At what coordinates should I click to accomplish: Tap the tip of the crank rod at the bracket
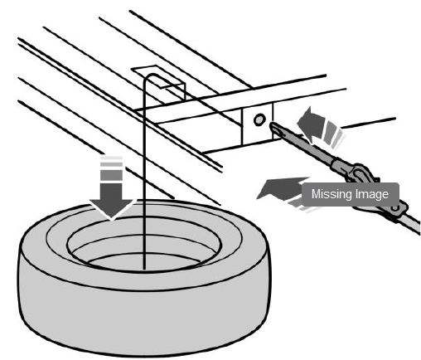[x=272, y=124]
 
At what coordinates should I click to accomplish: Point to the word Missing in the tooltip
[x=330, y=194]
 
